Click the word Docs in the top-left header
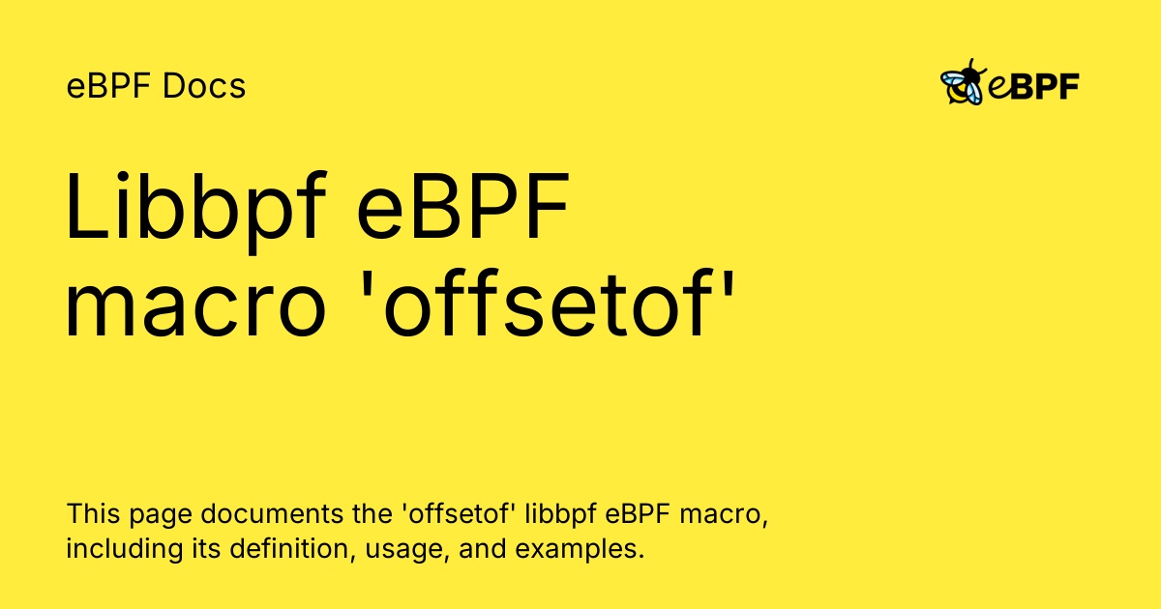click(x=204, y=87)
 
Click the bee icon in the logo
click(x=962, y=83)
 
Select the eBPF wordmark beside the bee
click(x=1034, y=87)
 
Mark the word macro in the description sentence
click(x=724, y=513)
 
